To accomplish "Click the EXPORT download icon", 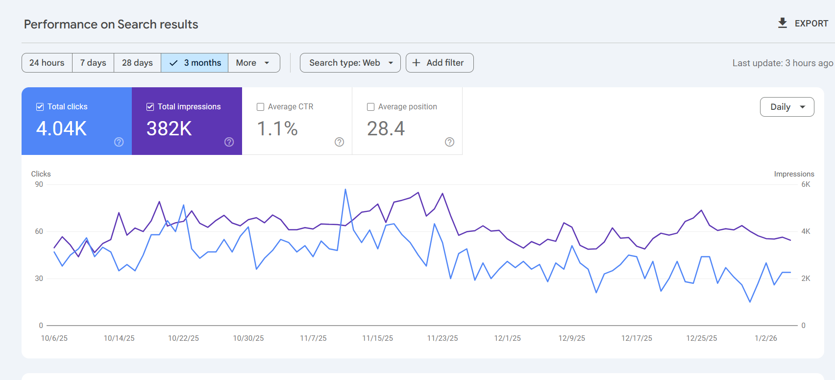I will coord(783,23).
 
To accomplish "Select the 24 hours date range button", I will coord(47,63).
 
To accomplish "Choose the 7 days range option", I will coord(93,63).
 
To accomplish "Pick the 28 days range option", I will coord(137,63).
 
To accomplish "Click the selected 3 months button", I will coord(195,63).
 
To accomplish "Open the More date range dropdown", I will coord(253,63).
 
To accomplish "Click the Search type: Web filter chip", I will coord(350,63).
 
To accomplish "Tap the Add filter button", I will coord(439,63).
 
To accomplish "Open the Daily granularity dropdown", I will coord(786,107).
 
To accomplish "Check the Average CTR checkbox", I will coord(261,107).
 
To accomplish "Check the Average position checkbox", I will coord(371,107).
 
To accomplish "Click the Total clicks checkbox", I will coord(40,107).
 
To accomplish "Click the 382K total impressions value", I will coord(169,128).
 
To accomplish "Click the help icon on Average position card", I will coord(449,142).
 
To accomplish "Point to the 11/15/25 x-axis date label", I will coord(377,338).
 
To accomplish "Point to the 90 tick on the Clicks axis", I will coord(39,184).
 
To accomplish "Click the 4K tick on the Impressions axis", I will coord(806,231).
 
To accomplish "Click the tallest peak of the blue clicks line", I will coord(345,190).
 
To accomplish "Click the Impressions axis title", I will coord(794,174).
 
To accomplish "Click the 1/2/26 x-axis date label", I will coord(765,338).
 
